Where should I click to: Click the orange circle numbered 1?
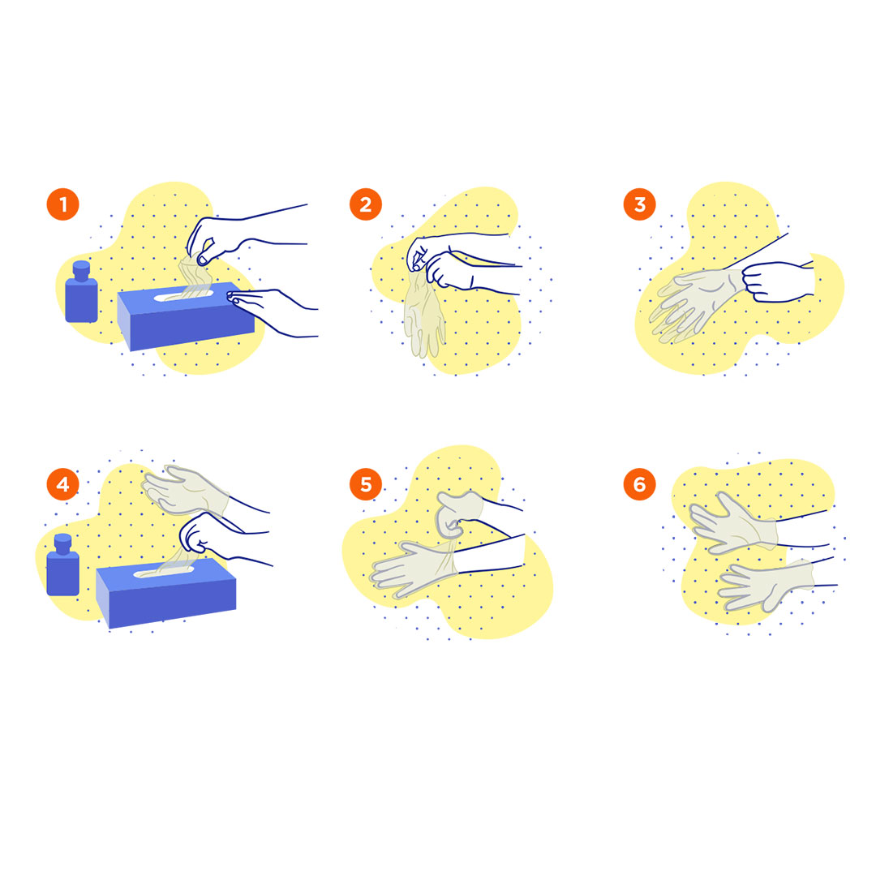62,204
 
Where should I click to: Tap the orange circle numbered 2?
365,204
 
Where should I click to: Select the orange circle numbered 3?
639,204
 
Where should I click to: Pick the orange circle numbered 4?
62,483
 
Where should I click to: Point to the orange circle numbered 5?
365,483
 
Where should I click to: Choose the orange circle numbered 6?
639,483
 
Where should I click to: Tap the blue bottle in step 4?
62,565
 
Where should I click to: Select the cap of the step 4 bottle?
62,543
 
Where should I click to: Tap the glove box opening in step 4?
164,572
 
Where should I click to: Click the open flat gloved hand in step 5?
414,570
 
